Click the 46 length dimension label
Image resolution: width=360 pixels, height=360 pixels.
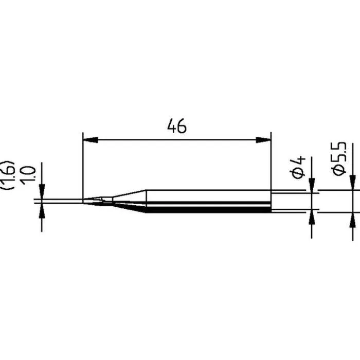click(x=177, y=126)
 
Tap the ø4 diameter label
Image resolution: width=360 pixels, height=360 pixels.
click(x=299, y=168)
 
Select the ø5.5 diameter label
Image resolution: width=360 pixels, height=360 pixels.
click(x=338, y=159)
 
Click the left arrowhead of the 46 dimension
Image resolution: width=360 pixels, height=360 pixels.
click(x=91, y=139)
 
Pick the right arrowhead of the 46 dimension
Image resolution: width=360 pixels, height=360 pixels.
click(x=263, y=139)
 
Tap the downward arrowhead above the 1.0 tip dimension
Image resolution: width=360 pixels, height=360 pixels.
click(x=42, y=191)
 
